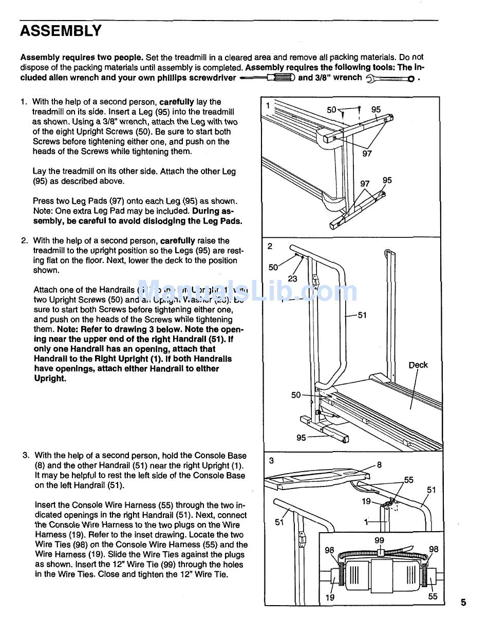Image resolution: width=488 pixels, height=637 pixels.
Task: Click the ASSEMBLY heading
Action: (x=61, y=32)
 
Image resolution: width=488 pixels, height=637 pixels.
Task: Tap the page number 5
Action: (x=463, y=603)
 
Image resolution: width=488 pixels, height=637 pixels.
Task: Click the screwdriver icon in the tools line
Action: (x=267, y=78)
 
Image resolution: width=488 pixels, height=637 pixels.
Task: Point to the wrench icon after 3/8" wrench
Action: (x=390, y=79)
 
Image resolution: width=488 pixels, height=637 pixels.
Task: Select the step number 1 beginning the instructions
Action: (x=23, y=102)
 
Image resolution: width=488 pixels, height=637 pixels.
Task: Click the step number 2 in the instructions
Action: (x=24, y=241)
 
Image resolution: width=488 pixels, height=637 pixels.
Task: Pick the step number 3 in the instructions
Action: (x=25, y=456)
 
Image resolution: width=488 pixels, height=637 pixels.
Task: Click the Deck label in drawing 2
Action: (x=418, y=365)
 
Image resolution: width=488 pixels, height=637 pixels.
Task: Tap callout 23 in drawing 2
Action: (x=292, y=279)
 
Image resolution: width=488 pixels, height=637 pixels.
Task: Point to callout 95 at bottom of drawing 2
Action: (x=302, y=438)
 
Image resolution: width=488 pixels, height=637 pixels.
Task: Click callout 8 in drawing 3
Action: (x=379, y=465)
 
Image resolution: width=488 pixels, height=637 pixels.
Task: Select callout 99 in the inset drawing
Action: (x=379, y=540)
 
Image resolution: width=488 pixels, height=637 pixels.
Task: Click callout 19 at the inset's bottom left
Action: (x=330, y=597)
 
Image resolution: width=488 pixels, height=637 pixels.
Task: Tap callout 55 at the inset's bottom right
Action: (x=433, y=597)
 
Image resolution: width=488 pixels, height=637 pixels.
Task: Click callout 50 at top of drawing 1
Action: (x=332, y=109)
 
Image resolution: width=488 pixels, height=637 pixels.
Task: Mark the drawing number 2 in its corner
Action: (x=270, y=246)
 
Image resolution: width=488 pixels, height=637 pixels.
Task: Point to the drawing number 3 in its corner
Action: (x=271, y=460)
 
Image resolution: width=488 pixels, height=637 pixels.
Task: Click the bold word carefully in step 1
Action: (x=177, y=102)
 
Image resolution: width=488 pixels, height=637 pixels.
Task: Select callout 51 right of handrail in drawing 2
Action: (x=362, y=315)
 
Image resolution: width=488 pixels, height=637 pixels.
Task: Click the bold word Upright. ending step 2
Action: (x=50, y=379)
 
